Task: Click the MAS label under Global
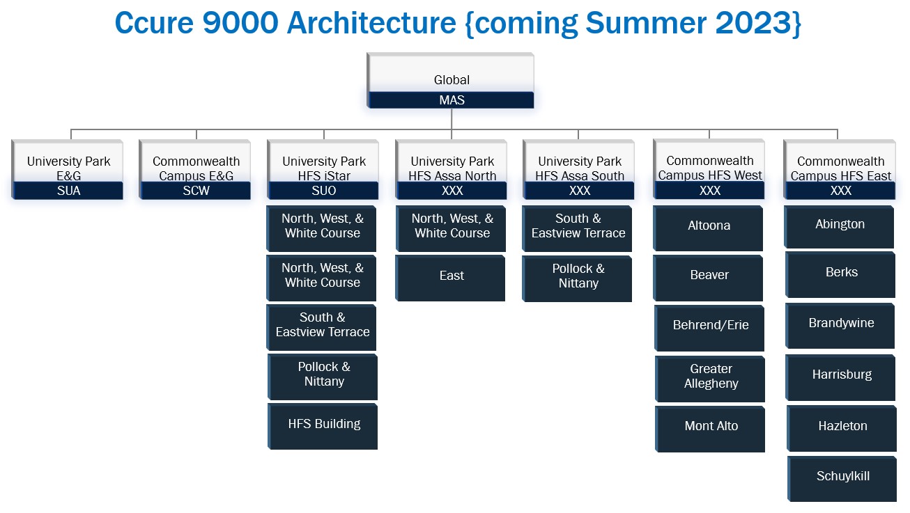452,100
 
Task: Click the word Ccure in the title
155,23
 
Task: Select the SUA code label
69,190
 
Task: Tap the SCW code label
196,190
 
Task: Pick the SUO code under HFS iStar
324,190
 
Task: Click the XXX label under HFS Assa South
580,190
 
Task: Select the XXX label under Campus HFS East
840,190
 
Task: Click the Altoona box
708,228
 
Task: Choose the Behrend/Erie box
709,329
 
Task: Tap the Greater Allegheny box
710,379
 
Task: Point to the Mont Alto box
710,429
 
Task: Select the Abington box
839,227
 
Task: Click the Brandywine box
840,326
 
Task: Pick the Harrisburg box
840,377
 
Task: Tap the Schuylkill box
842,479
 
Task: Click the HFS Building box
323,427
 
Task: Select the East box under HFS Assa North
450,278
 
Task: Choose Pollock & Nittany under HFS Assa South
577,279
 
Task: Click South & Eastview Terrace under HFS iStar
321,328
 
